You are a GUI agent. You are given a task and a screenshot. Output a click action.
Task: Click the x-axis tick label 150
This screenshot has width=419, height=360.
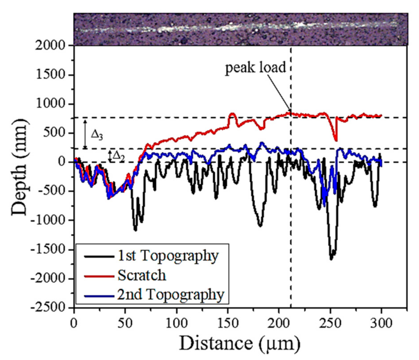pos(228,323)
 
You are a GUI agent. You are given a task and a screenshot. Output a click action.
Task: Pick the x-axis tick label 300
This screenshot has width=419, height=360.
pos(381,323)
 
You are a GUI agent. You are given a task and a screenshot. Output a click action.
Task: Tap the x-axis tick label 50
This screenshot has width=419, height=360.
pos(125,323)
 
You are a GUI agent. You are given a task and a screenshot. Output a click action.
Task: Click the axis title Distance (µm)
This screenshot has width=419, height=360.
pos(240,343)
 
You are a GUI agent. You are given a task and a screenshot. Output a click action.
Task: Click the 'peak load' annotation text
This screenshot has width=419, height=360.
pos(255,67)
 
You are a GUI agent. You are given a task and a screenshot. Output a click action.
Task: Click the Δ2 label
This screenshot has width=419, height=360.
pos(118,156)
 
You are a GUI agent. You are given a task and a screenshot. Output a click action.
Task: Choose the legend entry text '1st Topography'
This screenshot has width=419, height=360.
pos(168,256)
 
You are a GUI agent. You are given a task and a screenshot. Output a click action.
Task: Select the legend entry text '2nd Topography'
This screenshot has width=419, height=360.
pos(170,295)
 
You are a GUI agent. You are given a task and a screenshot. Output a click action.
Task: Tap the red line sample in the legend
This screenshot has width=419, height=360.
pos(99,276)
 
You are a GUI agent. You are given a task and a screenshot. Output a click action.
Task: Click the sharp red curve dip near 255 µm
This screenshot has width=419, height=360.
pos(336,141)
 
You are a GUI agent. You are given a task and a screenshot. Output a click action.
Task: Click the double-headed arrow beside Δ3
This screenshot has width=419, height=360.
pos(86,134)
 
